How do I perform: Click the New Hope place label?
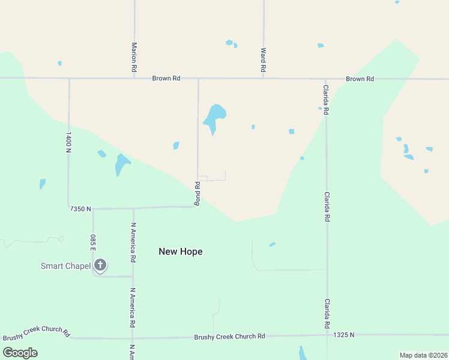(x=180, y=251)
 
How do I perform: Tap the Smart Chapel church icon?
(x=100, y=265)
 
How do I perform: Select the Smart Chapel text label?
(x=65, y=266)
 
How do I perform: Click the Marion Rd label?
(x=134, y=58)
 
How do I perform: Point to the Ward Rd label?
(x=263, y=60)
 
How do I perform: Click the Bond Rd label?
(x=196, y=193)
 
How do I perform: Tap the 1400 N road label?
(x=68, y=142)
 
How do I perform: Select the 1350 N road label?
(x=80, y=209)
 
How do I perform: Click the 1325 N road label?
(x=344, y=334)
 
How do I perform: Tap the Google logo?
(x=20, y=353)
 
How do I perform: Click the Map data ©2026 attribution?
(x=423, y=355)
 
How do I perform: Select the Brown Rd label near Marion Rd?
(x=166, y=78)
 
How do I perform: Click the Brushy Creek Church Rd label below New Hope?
(x=229, y=337)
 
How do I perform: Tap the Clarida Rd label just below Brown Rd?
(x=325, y=100)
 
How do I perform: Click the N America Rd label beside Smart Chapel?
(x=133, y=242)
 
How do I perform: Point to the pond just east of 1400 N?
(x=101, y=154)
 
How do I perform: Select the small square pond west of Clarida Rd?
(x=292, y=131)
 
